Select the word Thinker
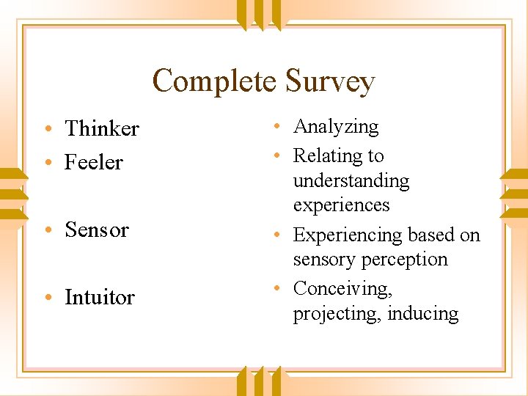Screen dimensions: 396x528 pos(102,128)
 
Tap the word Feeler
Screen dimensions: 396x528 pos(94,162)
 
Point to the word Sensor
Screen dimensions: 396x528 pos(97,230)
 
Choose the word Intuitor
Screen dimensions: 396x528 pos(100,297)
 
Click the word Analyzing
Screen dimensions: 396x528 pos(336,127)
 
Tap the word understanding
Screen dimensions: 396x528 pos(351,180)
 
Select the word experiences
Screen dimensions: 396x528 pos(341,205)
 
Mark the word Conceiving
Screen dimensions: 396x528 pos(342,289)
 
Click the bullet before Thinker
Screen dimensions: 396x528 pos(47,129)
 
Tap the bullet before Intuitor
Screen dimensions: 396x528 pos(47,298)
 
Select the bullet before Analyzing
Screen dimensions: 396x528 pos(281,127)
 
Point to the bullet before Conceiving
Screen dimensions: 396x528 pos(281,289)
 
